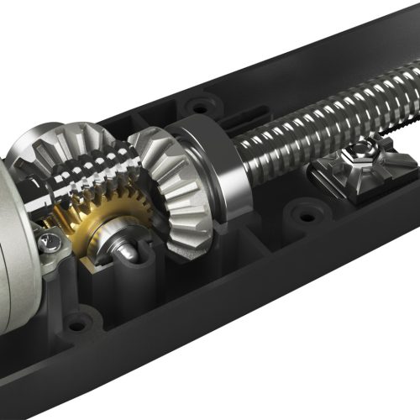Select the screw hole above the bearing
pyautogui.click(x=200, y=107)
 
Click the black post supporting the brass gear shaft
pyautogui.click(x=134, y=277)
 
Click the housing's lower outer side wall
pyautogui.click(x=252, y=336)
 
